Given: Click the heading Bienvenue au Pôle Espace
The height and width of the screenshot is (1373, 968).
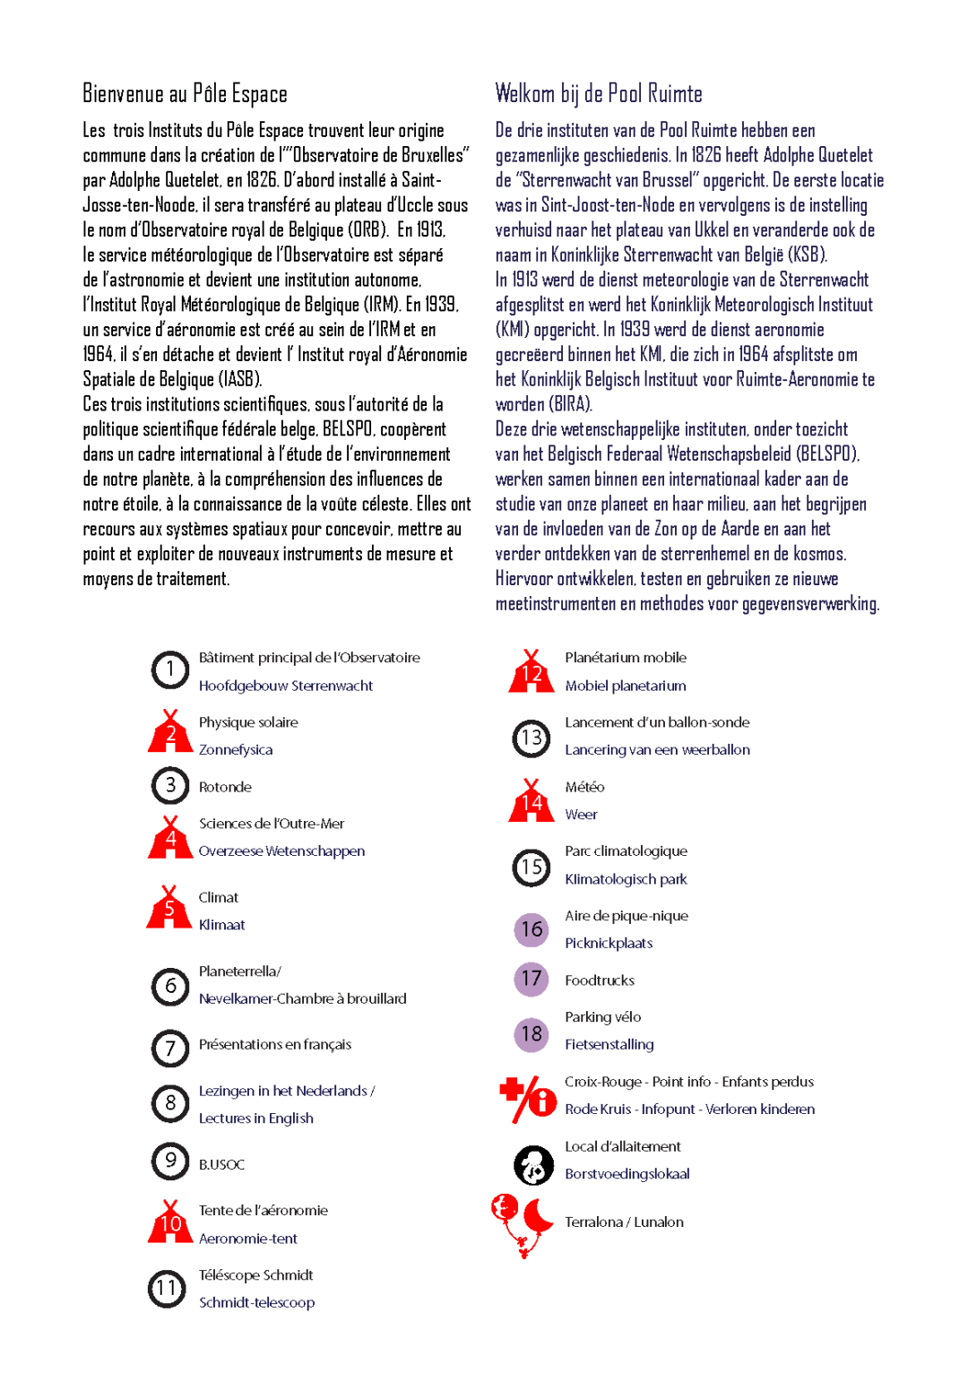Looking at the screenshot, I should (x=185, y=94).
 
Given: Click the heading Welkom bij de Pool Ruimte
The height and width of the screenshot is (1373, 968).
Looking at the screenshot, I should (x=598, y=94).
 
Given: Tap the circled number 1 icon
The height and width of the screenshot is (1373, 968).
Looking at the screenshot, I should (x=169, y=670).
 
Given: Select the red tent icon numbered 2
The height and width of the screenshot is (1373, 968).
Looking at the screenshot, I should (x=170, y=733).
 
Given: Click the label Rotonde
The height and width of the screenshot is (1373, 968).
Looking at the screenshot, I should (x=225, y=787).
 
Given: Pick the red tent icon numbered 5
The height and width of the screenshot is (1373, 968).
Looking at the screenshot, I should (x=169, y=909).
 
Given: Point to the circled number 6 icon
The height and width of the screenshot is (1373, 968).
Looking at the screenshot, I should (x=169, y=987).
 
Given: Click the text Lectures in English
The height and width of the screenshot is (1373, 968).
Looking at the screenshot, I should (x=255, y=1118).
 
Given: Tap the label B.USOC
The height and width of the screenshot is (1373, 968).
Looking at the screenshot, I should (x=221, y=1164).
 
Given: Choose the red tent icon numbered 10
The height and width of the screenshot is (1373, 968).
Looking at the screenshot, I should (x=170, y=1222).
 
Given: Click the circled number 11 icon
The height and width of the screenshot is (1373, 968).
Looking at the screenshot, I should (x=167, y=1289).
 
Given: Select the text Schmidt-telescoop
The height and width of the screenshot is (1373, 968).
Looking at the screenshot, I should (x=256, y=1302).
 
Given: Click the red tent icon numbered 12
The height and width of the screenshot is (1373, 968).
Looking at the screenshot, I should (x=532, y=672).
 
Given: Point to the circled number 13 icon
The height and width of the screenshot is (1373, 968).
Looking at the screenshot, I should (x=532, y=738).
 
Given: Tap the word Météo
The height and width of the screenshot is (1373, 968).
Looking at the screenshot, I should (x=584, y=787).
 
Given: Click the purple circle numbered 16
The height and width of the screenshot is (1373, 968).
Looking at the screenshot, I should (x=532, y=929).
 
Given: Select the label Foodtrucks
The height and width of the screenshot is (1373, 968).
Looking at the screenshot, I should (x=600, y=980).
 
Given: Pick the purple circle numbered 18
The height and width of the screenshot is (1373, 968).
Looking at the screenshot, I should (x=532, y=1034).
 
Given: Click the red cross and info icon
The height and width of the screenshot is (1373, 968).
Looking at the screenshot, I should (x=529, y=1099).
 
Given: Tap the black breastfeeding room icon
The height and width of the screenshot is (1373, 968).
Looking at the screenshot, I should (x=533, y=1165).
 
